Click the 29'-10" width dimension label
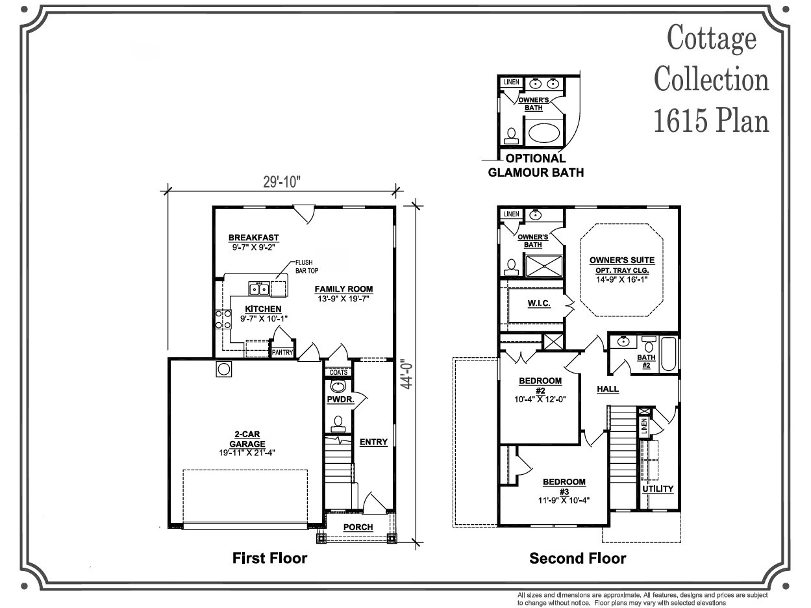click(282, 182)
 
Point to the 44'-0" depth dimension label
click(406, 376)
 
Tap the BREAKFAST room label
click(253, 238)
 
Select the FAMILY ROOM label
click(343, 289)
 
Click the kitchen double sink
click(259, 288)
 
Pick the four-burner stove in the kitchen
click(223, 320)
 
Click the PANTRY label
click(282, 353)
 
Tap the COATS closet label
click(338, 372)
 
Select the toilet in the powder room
click(338, 424)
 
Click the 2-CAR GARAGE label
click(247, 439)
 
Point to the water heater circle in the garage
click(224, 369)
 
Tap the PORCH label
click(358, 527)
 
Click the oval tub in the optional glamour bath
click(544, 133)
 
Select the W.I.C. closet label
click(539, 303)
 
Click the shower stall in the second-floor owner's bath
click(544, 266)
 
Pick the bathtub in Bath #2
click(669, 354)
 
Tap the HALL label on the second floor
click(608, 389)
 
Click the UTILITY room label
click(658, 489)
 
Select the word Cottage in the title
click(712, 38)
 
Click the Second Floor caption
click(578, 558)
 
